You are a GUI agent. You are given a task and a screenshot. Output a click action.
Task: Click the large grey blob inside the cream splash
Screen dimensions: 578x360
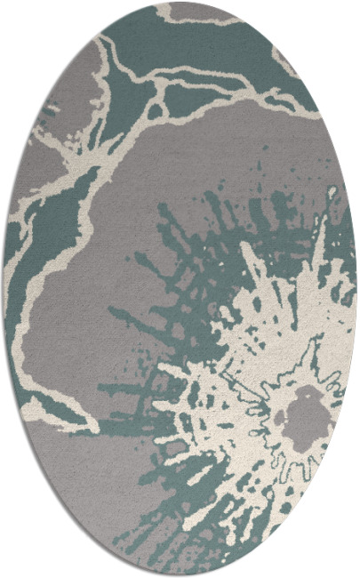tap(306, 414)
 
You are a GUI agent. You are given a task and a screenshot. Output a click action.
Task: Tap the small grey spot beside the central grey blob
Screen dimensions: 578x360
tap(277, 416)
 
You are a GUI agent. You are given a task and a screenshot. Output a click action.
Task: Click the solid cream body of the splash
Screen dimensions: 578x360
tap(267, 356)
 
